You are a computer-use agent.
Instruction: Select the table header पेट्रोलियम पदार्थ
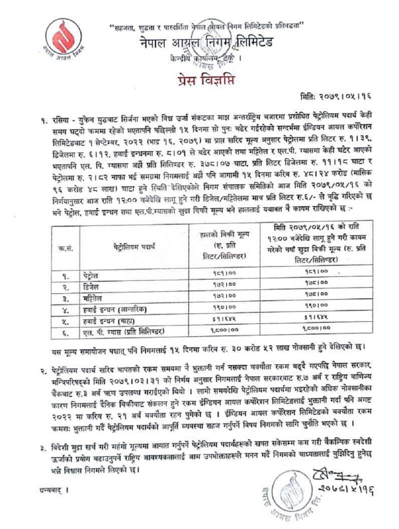coord(134,247)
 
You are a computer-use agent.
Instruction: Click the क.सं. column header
coord(65,247)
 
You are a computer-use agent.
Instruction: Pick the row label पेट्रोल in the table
coord(91,275)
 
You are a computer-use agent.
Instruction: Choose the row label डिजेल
coord(91,286)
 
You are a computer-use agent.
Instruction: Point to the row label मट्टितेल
coord(93,298)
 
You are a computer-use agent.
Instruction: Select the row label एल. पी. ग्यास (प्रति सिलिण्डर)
coord(124,331)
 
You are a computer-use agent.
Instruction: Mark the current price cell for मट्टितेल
coord(224,296)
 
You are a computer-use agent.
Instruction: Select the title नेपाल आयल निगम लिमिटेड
coord(206,43)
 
